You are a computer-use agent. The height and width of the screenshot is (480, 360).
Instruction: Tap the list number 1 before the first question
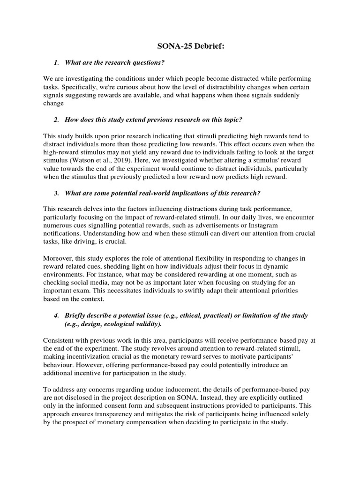pos(56,62)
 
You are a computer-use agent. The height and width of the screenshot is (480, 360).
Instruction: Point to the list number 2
pos(56,120)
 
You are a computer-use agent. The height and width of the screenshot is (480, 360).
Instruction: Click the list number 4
pos(56,315)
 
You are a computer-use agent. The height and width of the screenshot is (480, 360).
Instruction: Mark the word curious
pos(126,88)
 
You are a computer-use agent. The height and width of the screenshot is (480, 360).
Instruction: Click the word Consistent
pos(60,339)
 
